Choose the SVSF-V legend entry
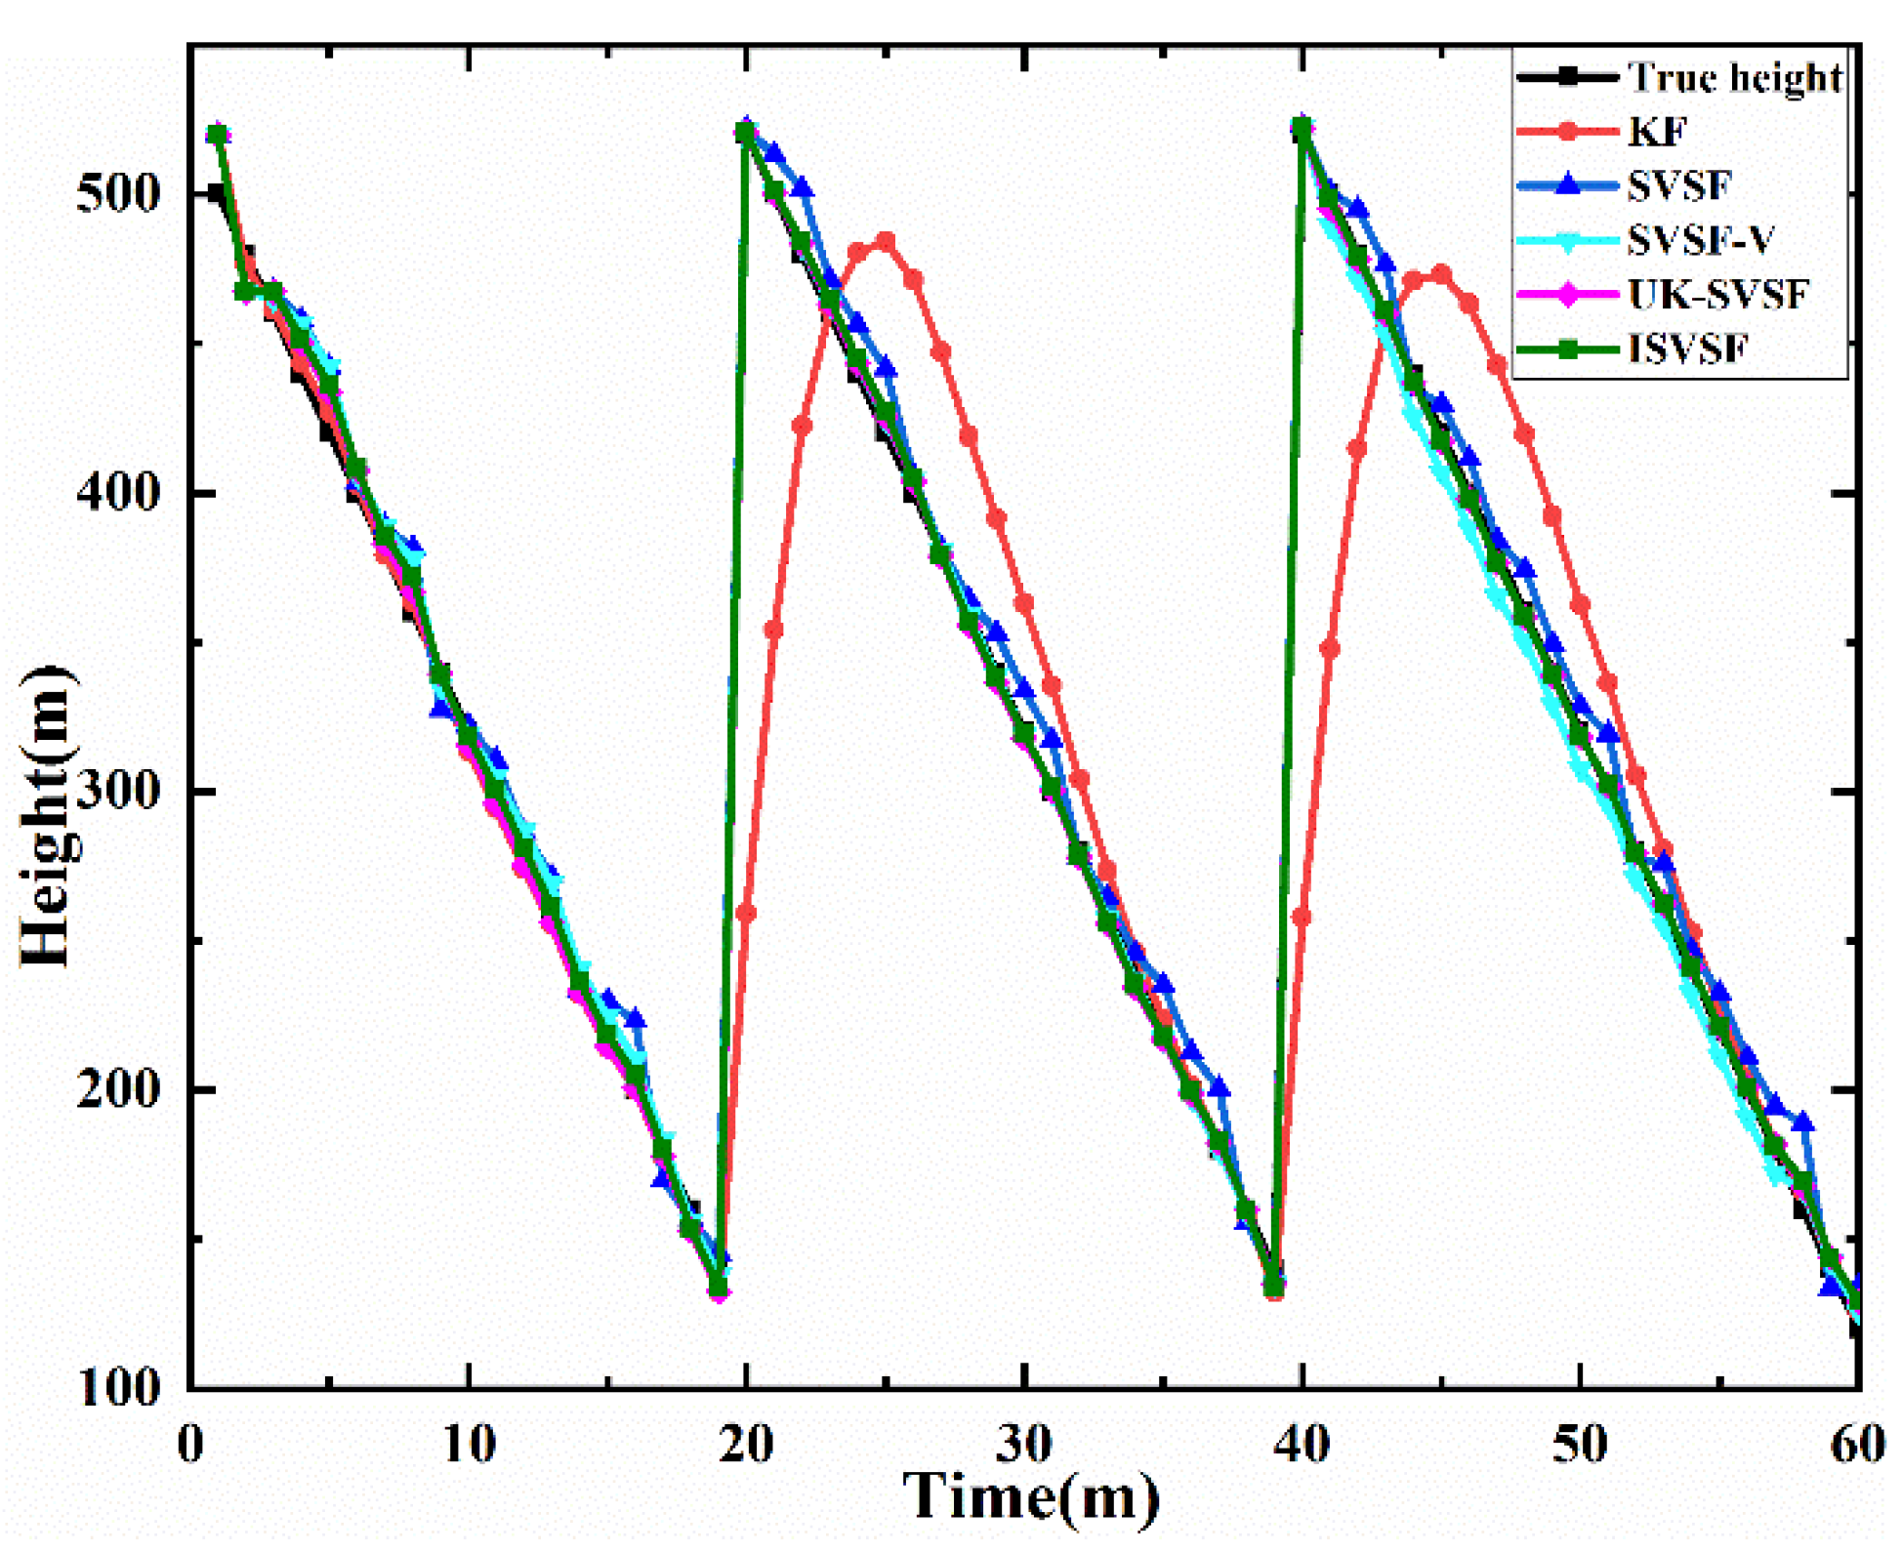pyautogui.click(x=1700, y=240)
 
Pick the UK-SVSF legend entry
pyautogui.click(x=1717, y=294)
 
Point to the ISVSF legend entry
pyautogui.click(x=1686, y=348)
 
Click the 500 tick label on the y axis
pyautogui.click(x=116, y=193)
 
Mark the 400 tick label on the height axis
pyautogui.click(x=116, y=493)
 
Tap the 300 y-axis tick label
pyautogui.click(x=116, y=791)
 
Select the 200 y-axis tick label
pyautogui.click(x=116, y=1088)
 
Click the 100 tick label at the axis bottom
pyautogui.click(x=116, y=1386)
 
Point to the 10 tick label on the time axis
pyautogui.click(x=469, y=1444)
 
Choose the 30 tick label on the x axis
pyautogui.click(x=1024, y=1444)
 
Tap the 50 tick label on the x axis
pyautogui.click(x=1579, y=1444)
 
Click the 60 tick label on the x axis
pyautogui.click(x=1856, y=1444)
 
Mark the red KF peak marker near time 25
pyautogui.click(x=886, y=241)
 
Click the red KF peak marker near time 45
pyautogui.click(x=1440, y=275)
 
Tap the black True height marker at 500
pyautogui.click(x=217, y=193)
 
